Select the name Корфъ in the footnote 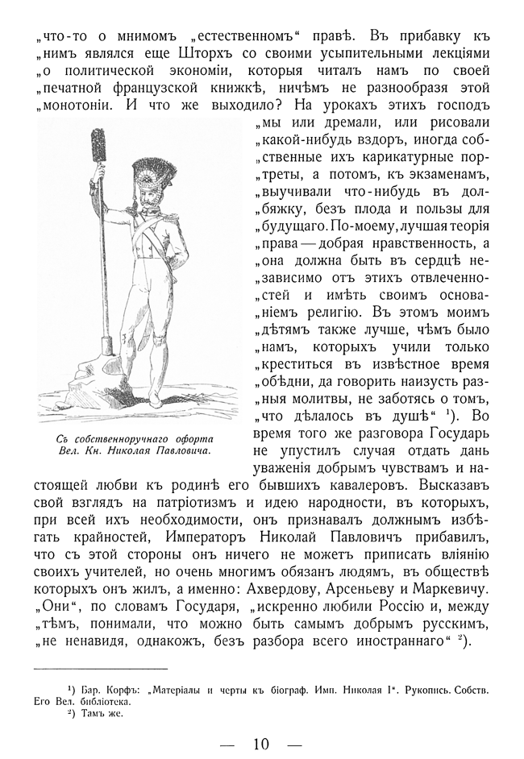pos(119,690)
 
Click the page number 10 pos(260,743)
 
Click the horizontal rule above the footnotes pos(101,668)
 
